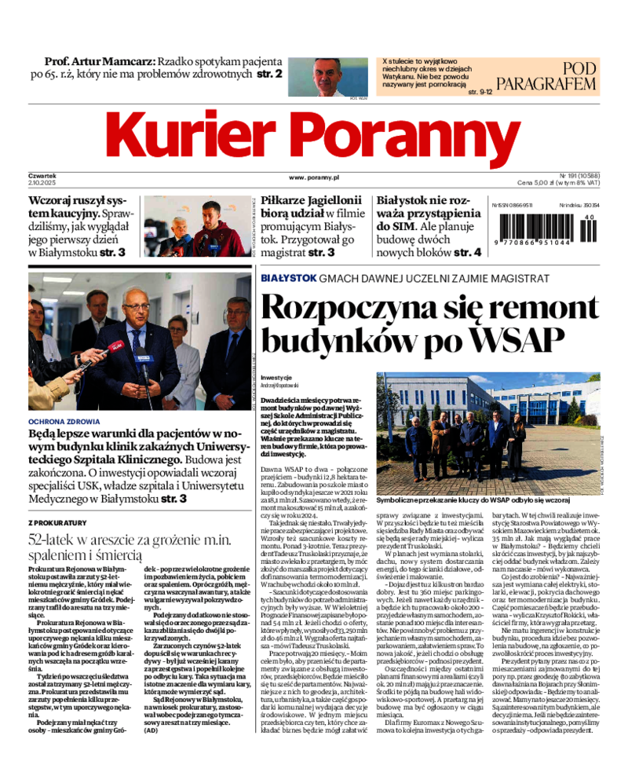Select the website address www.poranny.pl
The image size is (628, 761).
[x=313, y=178]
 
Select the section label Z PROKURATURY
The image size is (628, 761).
[x=57, y=522]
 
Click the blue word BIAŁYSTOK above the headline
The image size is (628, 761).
[x=288, y=278]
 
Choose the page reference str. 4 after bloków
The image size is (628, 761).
[x=466, y=253]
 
